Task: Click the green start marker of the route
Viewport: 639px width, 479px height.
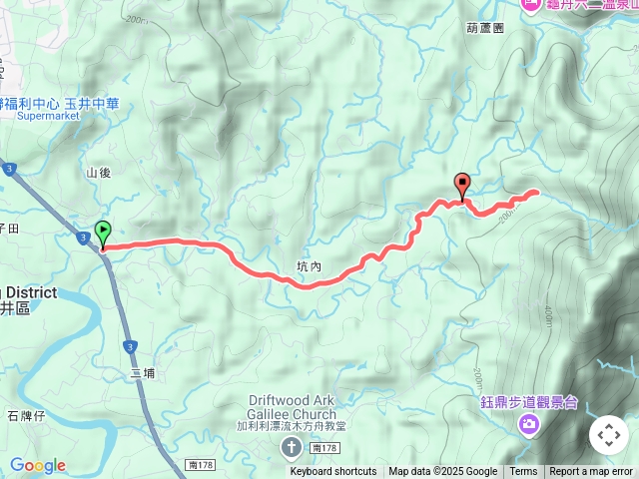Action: point(103,234)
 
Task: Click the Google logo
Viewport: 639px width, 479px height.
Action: point(38,465)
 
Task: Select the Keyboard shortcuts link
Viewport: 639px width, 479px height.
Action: point(333,472)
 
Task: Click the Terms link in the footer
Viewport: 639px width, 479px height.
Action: point(523,472)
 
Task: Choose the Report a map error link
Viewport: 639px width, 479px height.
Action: point(591,472)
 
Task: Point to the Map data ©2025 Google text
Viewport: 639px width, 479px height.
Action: point(442,472)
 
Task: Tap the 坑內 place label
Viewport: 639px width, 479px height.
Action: point(309,267)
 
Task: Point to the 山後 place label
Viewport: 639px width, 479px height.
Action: point(98,173)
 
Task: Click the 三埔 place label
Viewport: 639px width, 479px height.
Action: point(143,373)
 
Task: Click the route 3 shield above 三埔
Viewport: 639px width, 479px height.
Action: point(129,346)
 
